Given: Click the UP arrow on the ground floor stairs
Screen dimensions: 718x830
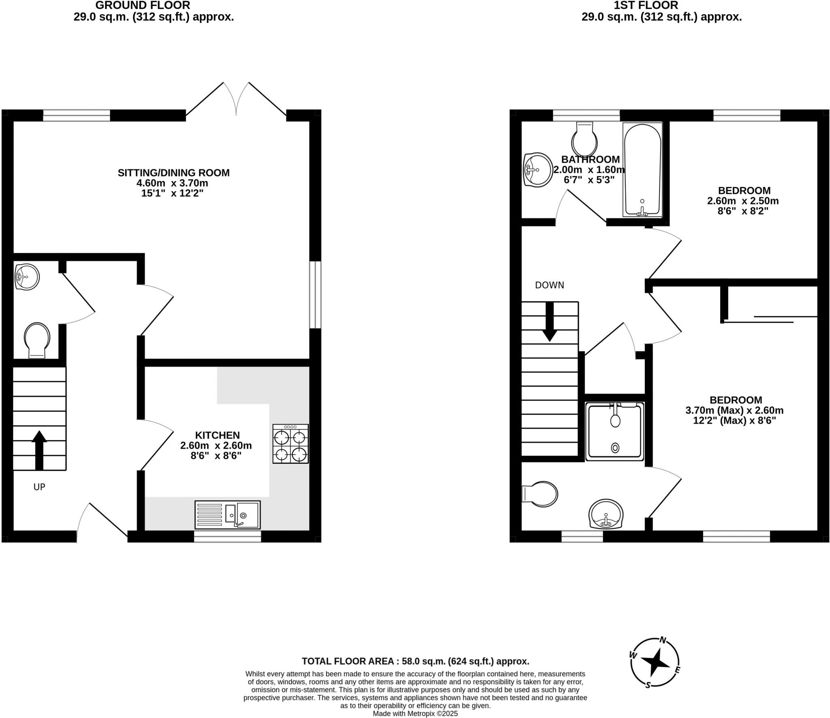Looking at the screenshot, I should [x=39, y=450].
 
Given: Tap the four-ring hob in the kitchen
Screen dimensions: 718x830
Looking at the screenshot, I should [x=290, y=444].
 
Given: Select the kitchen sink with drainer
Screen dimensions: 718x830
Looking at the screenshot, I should [x=227, y=514].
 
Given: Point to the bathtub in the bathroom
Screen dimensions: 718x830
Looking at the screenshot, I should [x=642, y=170].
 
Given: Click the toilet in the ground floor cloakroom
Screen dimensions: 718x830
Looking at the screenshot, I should [x=37, y=340].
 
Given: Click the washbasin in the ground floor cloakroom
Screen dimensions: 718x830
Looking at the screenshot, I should [x=27, y=276].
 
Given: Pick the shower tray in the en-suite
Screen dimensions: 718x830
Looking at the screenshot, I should [x=615, y=431].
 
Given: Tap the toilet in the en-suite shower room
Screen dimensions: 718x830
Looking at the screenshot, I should [x=541, y=494].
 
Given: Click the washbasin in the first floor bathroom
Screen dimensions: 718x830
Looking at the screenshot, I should [x=537, y=169].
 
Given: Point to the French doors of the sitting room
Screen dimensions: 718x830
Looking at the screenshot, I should [x=236, y=99].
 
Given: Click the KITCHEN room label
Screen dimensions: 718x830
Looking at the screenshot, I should [x=217, y=435].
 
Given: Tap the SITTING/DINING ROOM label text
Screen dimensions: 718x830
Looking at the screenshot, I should [x=173, y=173].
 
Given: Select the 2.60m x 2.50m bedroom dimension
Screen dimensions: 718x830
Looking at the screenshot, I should [x=743, y=201].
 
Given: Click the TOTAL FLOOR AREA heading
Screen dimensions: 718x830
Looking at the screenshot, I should [x=415, y=661].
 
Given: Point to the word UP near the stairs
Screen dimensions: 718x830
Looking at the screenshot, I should [x=39, y=487].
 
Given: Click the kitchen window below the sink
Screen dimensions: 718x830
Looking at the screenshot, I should [x=227, y=537].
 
